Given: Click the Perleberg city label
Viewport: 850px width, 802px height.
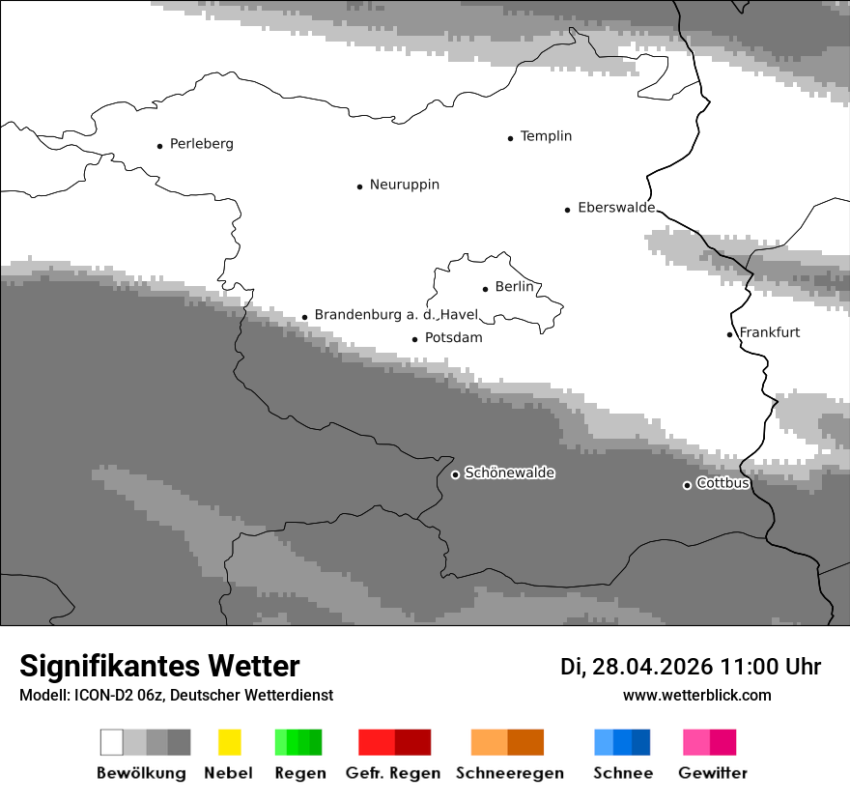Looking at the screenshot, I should point(201,144).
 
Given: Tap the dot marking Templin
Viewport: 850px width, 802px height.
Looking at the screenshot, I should point(510,138).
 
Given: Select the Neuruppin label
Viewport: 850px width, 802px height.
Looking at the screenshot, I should point(404,185).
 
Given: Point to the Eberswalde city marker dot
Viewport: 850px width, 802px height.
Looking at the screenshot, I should point(568,209).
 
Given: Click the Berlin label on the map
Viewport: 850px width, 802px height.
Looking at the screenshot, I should point(514,287).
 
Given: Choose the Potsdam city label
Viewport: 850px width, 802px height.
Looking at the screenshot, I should point(453,338).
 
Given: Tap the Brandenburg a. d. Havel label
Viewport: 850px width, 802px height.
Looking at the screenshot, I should point(396,315).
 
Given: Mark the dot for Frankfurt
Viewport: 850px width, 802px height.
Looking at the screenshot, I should point(730,334).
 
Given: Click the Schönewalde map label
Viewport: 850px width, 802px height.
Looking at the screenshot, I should point(509,473).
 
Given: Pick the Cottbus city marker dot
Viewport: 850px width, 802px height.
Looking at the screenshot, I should point(687,485).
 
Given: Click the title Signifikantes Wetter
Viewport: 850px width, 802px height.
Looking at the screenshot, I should point(159,666).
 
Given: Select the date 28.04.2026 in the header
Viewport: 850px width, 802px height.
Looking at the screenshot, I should point(653,667).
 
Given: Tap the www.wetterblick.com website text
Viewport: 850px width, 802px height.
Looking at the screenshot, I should point(696,695).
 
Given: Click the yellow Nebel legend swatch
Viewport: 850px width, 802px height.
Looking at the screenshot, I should point(229,742).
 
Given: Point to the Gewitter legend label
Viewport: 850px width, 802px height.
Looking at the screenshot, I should point(713,773).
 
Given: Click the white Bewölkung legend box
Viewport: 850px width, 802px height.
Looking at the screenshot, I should point(111,742).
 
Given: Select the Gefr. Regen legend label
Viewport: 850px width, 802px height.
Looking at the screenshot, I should point(393,773).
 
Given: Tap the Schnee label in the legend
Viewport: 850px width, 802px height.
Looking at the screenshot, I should point(623,773).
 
